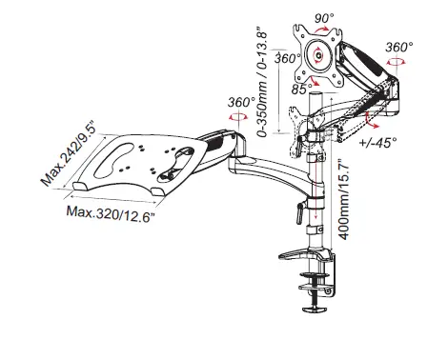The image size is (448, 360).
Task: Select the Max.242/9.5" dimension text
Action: coord(69,153)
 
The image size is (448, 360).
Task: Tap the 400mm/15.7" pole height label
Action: coord(344,199)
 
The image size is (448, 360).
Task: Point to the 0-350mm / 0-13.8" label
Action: coord(262,85)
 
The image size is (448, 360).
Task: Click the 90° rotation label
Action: coord(324,18)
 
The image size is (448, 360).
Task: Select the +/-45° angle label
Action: coord(378,142)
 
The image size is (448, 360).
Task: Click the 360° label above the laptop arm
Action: coord(241,102)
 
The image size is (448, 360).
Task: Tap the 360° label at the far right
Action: coord(399,47)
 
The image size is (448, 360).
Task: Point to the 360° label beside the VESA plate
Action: coord(287,58)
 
